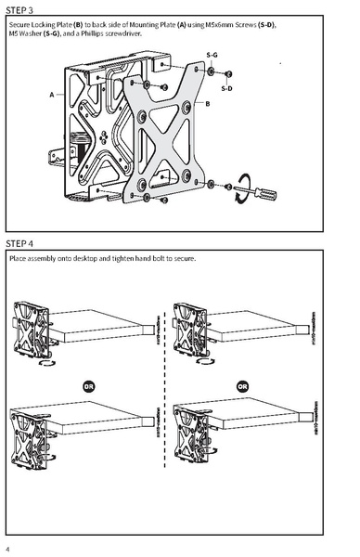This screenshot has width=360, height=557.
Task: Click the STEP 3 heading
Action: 21,8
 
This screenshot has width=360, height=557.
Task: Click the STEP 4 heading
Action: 21,243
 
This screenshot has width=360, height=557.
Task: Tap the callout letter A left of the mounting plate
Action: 52,95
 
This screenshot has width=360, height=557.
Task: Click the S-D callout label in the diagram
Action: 227,87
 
